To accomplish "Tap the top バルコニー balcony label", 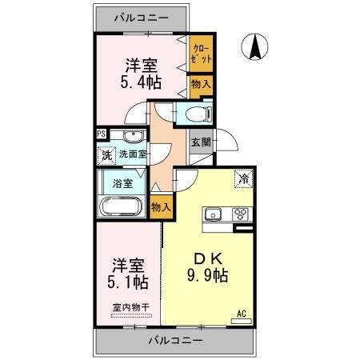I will click(x=141, y=15).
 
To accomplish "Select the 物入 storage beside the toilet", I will click(x=199, y=83).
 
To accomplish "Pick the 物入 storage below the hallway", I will click(x=161, y=207).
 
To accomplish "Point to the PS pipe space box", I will click(x=101, y=134).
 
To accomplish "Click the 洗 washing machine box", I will click(x=106, y=154).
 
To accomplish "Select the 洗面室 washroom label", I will click(x=133, y=154).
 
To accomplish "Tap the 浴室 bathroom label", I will click(x=122, y=183).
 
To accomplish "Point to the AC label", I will click(x=242, y=313).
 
